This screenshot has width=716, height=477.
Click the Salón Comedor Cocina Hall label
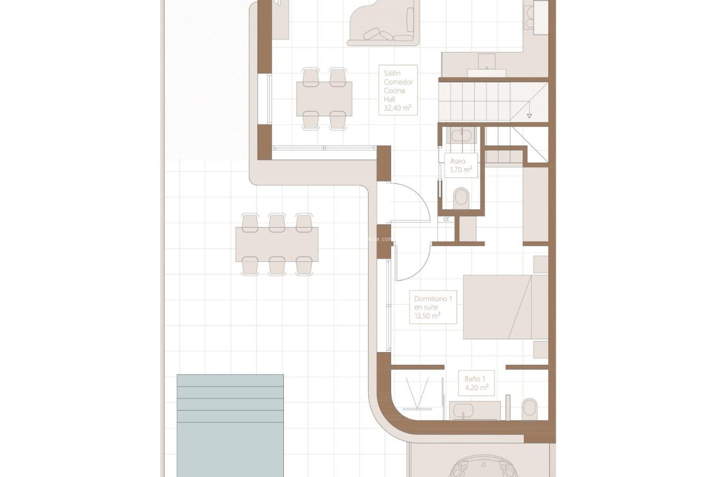(x=398, y=90)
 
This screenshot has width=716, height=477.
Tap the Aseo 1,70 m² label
(x=461, y=165)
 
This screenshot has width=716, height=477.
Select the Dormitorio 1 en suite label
(x=433, y=307)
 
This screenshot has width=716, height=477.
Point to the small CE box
(x=446, y=219)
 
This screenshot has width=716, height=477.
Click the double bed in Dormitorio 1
(x=505, y=307)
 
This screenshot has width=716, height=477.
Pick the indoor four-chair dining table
(x=324, y=99)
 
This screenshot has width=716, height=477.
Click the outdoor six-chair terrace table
(x=277, y=244)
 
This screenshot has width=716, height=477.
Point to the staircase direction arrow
(x=529, y=116)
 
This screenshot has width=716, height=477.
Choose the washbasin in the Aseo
(x=461, y=135)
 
